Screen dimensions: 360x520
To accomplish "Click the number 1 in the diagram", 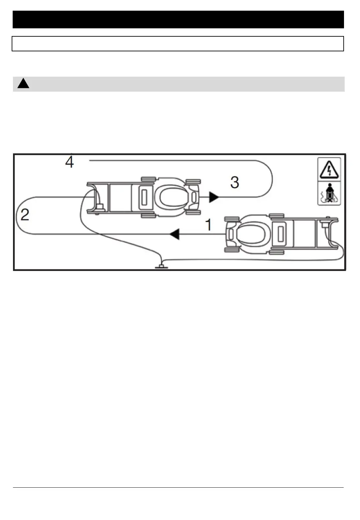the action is click(x=208, y=225).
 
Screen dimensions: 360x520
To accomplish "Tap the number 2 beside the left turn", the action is click(x=25, y=215).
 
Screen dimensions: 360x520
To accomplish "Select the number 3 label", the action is click(x=235, y=183).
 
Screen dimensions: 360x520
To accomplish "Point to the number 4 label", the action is click(x=69, y=162).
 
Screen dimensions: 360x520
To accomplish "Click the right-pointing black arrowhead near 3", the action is click(x=214, y=197).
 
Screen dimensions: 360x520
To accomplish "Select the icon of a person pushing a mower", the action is click(x=329, y=194).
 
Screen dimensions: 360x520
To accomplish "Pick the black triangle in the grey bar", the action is click(x=23, y=84).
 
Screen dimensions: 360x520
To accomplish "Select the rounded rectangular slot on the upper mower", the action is click(x=144, y=197).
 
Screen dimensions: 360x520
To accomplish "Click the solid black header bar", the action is click(x=178, y=20).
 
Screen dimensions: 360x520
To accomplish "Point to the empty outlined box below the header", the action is click(x=178, y=44).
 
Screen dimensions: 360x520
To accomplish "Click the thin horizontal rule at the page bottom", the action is click(x=178, y=488).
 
